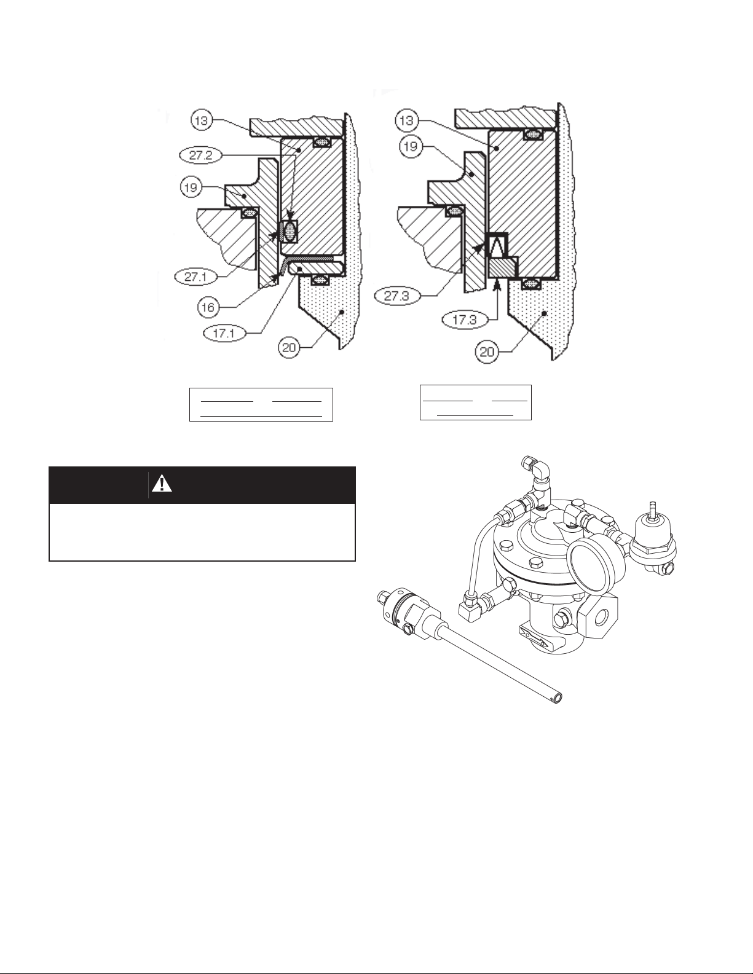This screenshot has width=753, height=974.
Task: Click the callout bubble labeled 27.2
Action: tap(201, 156)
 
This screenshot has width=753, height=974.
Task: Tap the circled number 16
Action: tap(208, 307)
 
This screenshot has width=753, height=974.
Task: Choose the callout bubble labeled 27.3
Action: tap(396, 296)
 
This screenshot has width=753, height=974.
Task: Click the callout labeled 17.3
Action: tap(464, 321)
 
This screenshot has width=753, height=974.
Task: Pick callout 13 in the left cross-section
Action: tap(202, 120)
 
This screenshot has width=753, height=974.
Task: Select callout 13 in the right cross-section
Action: tap(406, 120)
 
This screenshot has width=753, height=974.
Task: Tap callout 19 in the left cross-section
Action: tap(191, 186)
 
